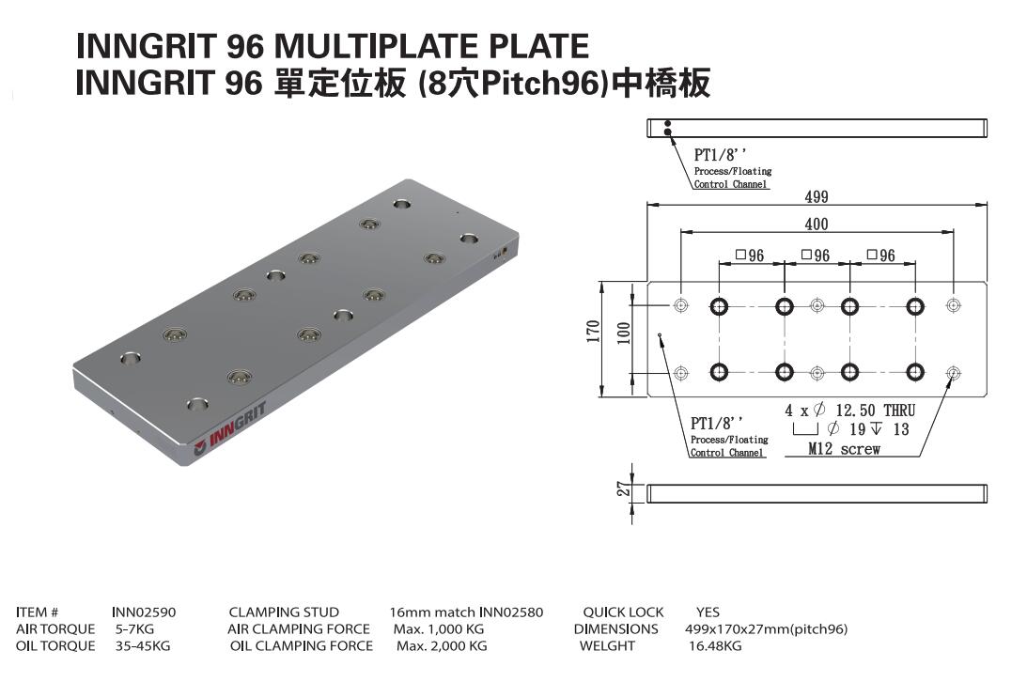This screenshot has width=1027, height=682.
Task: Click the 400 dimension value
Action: (x=816, y=224)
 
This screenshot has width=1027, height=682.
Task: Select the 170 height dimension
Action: (x=593, y=333)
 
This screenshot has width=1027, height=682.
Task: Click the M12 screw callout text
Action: (x=845, y=449)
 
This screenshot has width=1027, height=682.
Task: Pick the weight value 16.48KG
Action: (x=715, y=646)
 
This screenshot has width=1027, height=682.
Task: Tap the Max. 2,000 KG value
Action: (x=442, y=646)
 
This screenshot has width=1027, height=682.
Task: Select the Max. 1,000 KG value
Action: (x=437, y=629)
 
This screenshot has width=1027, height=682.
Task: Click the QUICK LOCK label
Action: (x=623, y=612)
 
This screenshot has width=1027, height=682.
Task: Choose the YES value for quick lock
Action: (x=708, y=612)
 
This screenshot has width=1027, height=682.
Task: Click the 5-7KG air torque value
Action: (x=134, y=629)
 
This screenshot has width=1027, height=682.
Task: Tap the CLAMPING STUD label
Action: (x=284, y=612)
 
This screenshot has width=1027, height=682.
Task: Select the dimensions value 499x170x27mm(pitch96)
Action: (x=767, y=629)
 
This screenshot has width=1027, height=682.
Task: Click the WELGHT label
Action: (x=607, y=646)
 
